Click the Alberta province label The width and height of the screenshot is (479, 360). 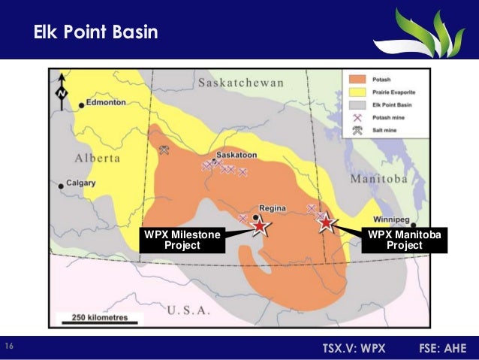click(x=98, y=159)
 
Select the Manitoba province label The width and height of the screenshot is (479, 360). click(x=379, y=180)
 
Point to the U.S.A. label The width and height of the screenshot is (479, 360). click(x=191, y=310)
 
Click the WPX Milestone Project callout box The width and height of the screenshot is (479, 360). click(x=182, y=240)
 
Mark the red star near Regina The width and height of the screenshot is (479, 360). click(x=259, y=225)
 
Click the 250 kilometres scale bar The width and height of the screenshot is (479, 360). click(x=94, y=318)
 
